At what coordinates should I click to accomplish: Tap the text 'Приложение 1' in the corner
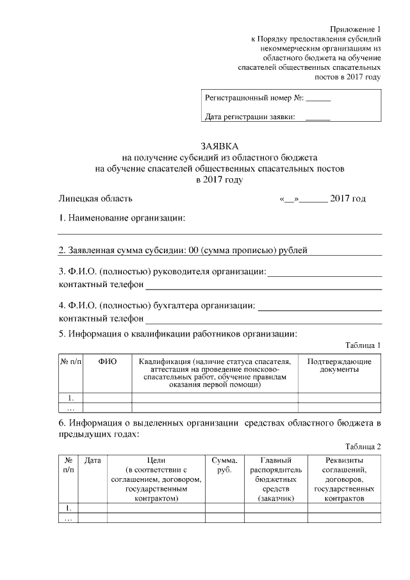[x=356, y=29]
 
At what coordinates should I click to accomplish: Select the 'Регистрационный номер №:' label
[x=254, y=99]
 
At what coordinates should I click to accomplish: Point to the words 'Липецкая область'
[x=96, y=199]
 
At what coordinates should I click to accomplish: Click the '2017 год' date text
[x=348, y=199]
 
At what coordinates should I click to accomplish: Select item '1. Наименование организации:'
[x=122, y=219]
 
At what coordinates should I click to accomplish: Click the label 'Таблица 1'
[x=363, y=345]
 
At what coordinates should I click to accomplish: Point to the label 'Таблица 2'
[x=363, y=447]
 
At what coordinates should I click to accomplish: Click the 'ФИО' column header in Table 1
[x=108, y=362]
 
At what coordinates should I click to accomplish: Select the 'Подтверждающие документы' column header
[x=339, y=366]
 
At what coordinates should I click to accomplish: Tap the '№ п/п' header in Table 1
[x=70, y=362]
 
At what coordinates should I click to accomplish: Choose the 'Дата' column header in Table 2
[x=93, y=460]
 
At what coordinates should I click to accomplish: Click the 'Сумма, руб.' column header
[x=225, y=465]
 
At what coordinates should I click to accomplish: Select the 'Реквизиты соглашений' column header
[x=344, y=479]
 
